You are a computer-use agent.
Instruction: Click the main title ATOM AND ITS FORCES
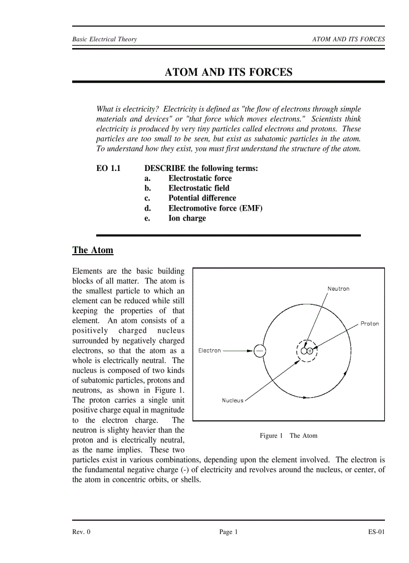229,72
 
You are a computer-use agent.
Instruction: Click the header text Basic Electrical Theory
104,39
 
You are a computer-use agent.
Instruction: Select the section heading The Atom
93,250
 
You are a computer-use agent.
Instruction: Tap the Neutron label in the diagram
338,289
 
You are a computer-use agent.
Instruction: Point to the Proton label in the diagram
369,324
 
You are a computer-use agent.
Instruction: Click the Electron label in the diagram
210,350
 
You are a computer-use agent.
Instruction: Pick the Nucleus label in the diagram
233,401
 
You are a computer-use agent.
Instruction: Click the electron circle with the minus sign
260,351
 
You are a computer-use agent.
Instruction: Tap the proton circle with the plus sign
310,351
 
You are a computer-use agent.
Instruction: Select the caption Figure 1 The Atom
288,436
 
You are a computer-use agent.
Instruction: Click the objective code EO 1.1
108,168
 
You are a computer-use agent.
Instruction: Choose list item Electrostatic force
200,178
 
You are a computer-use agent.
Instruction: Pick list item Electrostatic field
199,189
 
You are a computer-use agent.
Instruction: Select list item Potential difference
202,198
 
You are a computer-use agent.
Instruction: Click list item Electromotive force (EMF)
215,208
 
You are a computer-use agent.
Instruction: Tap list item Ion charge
187,218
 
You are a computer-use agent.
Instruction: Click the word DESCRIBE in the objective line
165,168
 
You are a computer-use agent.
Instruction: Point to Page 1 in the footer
229,532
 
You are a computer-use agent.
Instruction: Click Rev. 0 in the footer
81,532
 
